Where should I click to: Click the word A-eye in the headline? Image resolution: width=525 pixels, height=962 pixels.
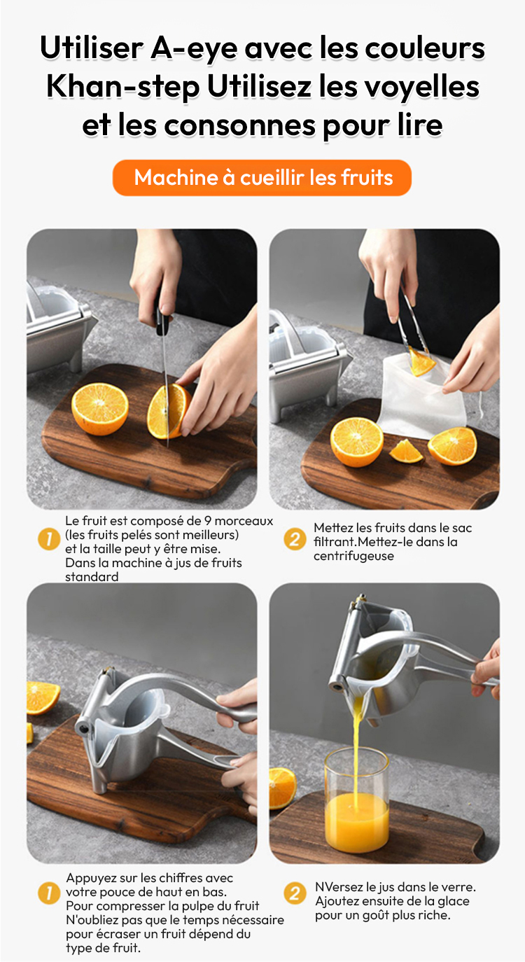[194, 49]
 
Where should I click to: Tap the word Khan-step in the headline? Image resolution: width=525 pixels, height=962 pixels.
[123, 88]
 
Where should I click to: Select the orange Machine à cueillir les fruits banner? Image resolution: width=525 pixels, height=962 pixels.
[262, 178]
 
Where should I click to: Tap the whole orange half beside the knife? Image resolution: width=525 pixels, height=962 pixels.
[100, 410]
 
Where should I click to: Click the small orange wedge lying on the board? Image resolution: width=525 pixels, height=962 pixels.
[406, 451]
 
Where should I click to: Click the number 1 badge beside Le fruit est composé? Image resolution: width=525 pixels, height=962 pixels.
[49, 538]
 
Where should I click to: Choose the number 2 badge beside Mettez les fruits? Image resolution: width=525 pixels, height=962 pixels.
[295, 539]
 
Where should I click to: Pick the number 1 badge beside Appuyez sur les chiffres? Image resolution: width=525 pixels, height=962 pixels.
[49, 893]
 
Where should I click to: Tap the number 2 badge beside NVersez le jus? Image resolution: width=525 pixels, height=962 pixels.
[295, 893]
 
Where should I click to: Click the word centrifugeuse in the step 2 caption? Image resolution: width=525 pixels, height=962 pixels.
[353, 556]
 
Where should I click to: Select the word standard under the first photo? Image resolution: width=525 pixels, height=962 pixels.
[92, 577]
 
